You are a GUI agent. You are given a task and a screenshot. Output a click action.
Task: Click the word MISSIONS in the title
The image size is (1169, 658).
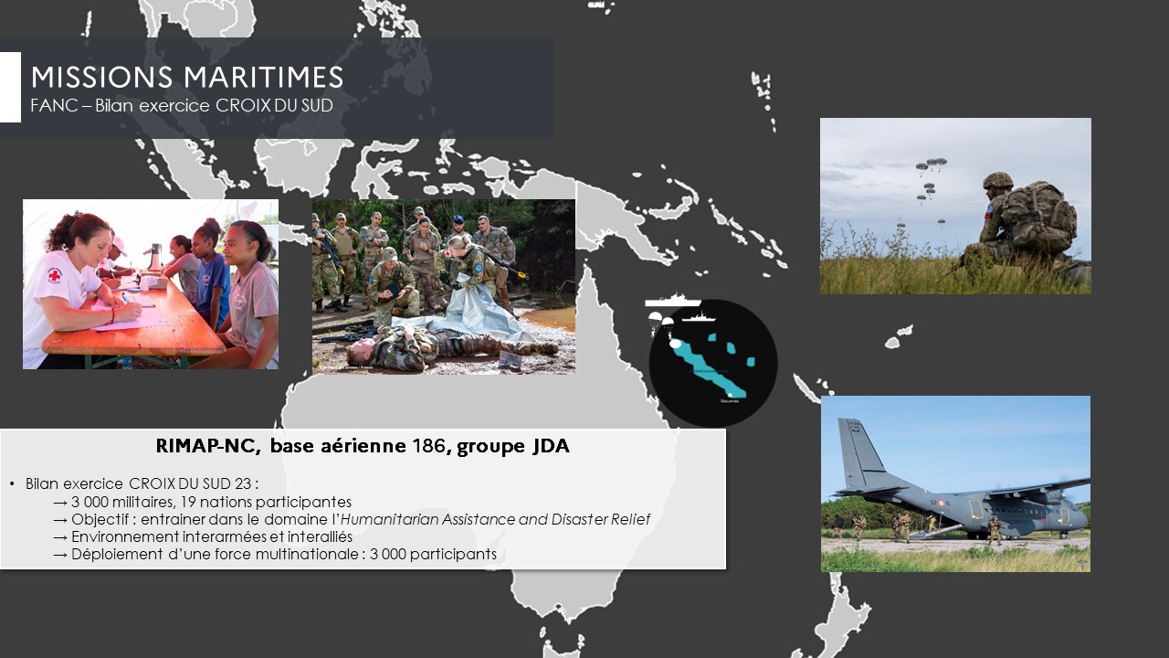coord(101,78)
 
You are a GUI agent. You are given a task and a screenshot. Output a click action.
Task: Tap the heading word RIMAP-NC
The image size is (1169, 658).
coord(208,446)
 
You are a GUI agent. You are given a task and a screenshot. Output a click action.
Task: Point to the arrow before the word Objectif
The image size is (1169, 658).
coord(60,520)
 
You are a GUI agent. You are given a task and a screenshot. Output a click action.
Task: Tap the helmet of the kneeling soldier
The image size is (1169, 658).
coord(998,181)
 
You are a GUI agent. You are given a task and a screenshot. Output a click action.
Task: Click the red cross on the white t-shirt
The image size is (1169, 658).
coord(54,275)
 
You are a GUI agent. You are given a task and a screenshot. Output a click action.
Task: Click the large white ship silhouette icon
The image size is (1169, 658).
coord(673,300)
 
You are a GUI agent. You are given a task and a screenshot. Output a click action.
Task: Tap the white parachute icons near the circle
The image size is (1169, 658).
coord(660,323)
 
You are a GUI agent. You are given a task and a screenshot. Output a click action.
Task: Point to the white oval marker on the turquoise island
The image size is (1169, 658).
coord(675,344)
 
